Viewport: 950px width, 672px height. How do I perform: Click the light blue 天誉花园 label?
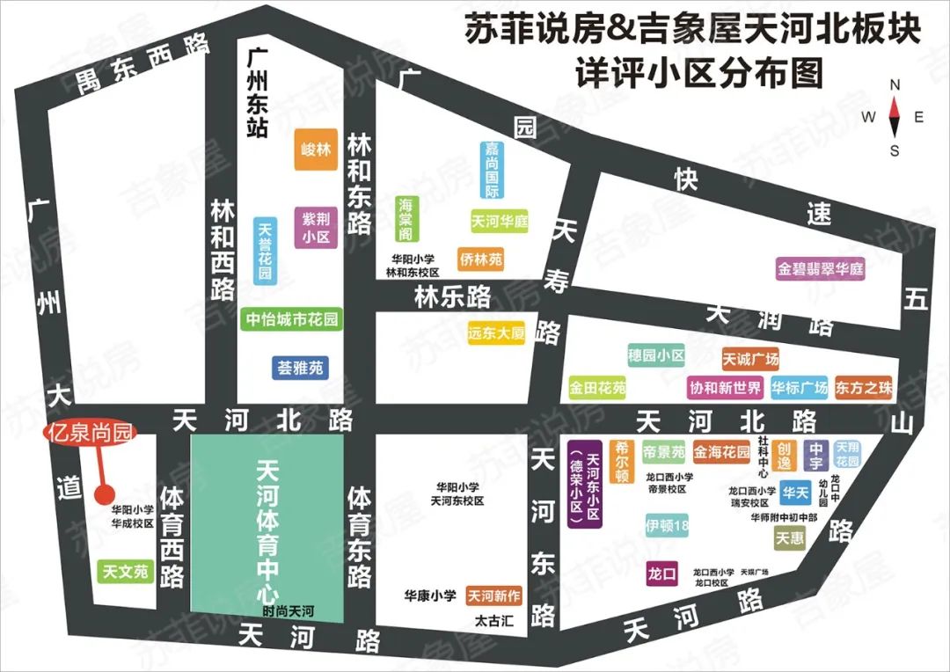point(264,251)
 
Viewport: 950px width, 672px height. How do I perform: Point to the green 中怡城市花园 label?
point(291,319)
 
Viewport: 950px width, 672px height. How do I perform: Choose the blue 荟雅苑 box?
point(301,367)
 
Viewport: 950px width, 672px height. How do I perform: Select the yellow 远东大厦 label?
point(497,333)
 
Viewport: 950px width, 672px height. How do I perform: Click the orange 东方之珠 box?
point(864,387)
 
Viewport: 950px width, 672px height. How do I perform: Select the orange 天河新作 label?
point(494,596)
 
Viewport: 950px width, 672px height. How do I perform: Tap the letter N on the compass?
point(895,85)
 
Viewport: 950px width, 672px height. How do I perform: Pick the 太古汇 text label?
point(493,622)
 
